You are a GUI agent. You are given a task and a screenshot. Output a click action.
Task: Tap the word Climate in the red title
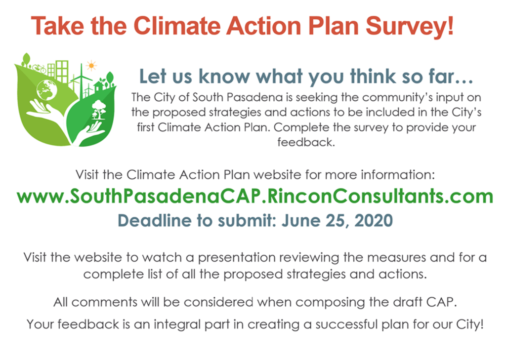click(x=177, y=25)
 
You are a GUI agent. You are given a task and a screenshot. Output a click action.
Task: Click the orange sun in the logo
click(x=91, y=66)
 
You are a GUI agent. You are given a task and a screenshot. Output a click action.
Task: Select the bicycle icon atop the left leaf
click(x=40, y=68)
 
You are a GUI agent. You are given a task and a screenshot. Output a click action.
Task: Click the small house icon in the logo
click(x=99, y=86)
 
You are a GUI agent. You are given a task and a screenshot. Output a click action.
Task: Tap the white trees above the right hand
click(x=98, y=109)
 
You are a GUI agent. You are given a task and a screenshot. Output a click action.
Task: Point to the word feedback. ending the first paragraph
click(x=306, y=142)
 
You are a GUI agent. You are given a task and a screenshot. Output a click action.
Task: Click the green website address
click(x=255, y=196)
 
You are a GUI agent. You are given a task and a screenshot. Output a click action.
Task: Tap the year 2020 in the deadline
click(x=374, y=221)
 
